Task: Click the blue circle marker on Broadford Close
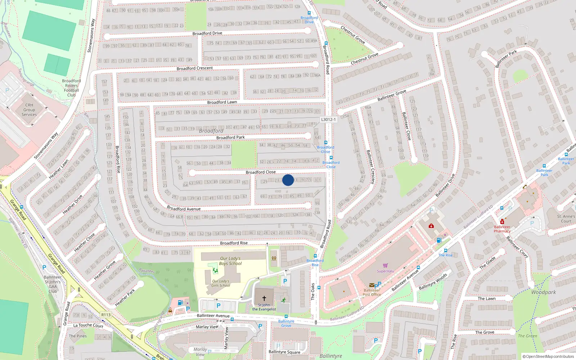[288, 180]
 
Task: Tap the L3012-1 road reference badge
[328, 120]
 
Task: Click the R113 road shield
[106, 315]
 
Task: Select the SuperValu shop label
[386, 271]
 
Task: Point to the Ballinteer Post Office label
[372, 292]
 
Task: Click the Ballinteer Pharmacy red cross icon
[502, 221]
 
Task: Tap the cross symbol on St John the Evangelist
[264, 298]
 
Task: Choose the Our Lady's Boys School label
[230, 261]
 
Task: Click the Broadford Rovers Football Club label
[71, 88]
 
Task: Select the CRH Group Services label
[29, 110]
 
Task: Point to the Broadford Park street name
[230, 138]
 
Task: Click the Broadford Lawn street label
[222, 102]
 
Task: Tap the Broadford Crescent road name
[195, 68]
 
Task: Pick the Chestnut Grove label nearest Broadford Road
[364, 59]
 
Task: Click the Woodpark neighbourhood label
[544, 292]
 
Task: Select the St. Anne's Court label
[566, 219]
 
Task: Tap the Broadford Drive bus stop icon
[309, 13]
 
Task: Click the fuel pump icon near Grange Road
[180, 303]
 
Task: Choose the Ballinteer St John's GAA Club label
[53, 284]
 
